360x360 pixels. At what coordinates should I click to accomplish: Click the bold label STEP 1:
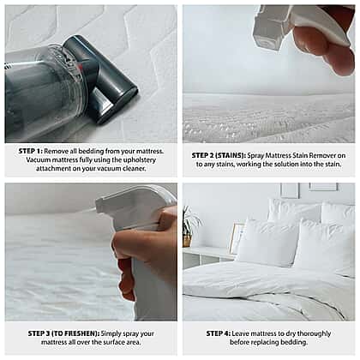31,151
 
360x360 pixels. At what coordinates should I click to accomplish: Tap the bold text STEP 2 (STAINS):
219,156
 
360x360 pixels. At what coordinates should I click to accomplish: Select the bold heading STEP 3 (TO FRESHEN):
63,333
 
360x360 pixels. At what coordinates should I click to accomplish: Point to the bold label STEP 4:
219,333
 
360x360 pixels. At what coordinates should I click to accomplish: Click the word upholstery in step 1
138,160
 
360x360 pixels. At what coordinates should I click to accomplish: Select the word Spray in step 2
255,156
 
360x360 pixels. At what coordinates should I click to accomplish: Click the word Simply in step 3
111,333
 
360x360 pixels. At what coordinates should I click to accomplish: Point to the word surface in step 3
105,342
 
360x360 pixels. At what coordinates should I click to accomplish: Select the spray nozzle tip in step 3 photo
99,204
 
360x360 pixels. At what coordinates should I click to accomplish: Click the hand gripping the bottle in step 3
146,251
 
